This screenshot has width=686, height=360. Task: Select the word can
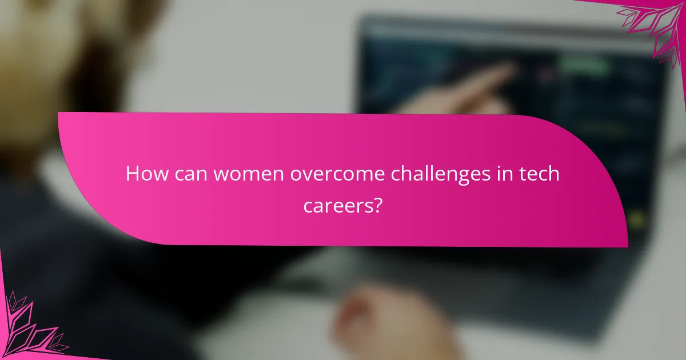click(x=191, y=174)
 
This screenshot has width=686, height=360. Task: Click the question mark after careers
click(x=377, y=205)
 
